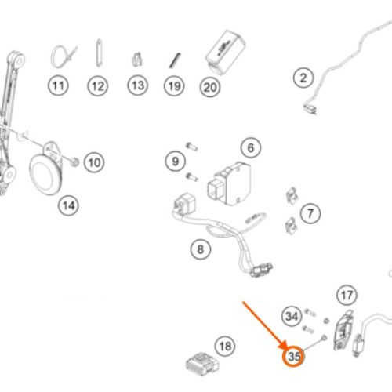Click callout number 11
click(x=58, y=85)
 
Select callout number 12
click(x=98, y=86)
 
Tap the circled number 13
click(x=138, y=85)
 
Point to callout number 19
click(x=174, y=86)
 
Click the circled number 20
click(x=210, y=87)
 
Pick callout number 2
click(x=303, y=78)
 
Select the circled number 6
click(x=251, y=148)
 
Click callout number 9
click(x=176, y=162)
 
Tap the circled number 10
click(x=94, y=162)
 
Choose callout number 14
click(x=68, y=205)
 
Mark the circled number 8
click(x=201, y=249)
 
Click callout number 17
click(x=347, y=296)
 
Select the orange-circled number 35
click(x=294, y=356)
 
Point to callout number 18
click(x=225, y=347)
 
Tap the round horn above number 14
click(x=45, y=175)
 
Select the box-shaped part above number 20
click(x=225, y=53)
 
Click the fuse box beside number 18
click(x=202, y=364)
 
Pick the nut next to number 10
click(x=74, y=162)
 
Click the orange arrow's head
click(x=284, y=344)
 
